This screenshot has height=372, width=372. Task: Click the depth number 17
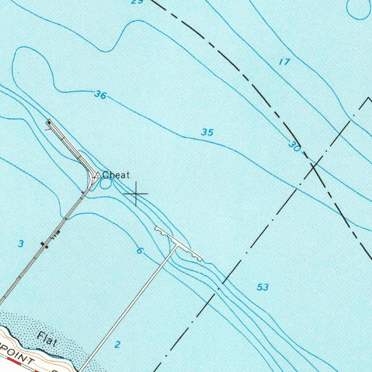[x=284, y=62]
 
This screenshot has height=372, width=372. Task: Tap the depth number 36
[x=100, y=95]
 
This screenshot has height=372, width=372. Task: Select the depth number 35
[x=207, y=132]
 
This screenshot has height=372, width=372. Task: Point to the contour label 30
[x=294, y=146]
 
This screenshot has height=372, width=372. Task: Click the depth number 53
[x=263, y=287]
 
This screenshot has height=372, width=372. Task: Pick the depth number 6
[x=140, y=251]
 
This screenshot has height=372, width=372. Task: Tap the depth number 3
[x=21, y=244]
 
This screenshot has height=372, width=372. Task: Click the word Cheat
[x=116, y=175]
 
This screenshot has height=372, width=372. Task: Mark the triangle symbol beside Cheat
[x=97, y=175]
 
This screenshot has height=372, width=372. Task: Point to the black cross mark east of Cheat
[x=136, y=194]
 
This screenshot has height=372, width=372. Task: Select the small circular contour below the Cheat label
[x=105, y=184]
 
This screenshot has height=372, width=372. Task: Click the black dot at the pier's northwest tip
[x=49, y=122]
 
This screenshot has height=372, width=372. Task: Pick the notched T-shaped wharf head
[x=178, y=243]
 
